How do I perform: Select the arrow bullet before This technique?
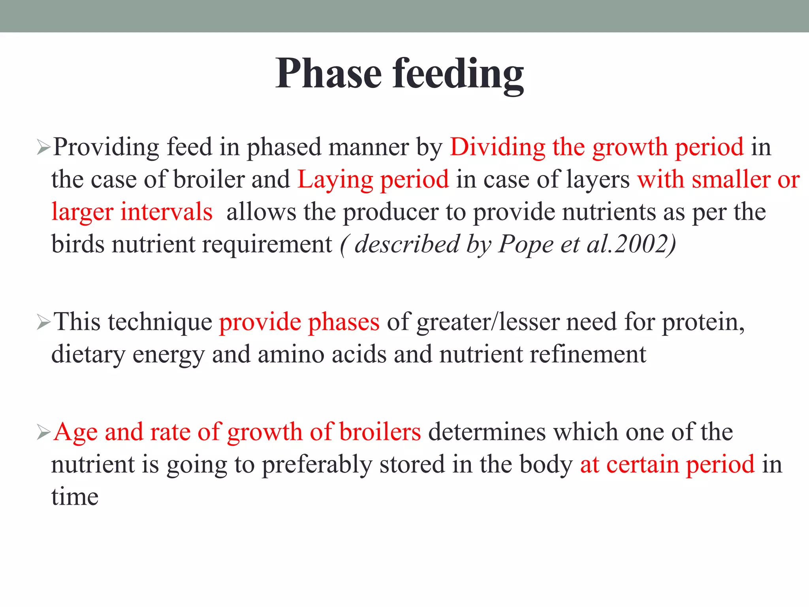click(x=43, y=323)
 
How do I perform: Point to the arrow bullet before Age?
click(x=43, y=433)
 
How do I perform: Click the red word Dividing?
click(x=497, y=147)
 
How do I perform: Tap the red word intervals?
click(x=166, y=212)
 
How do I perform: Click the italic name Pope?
click(x=525, y=245)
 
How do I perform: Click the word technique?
click(x=160, y=322)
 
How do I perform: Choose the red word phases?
click(x=344, y=322)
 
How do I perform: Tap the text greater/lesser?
click(x=487, y=322)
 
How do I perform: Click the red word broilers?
click(x=380, y=432)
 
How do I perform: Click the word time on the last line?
click(x=75, y=497)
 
